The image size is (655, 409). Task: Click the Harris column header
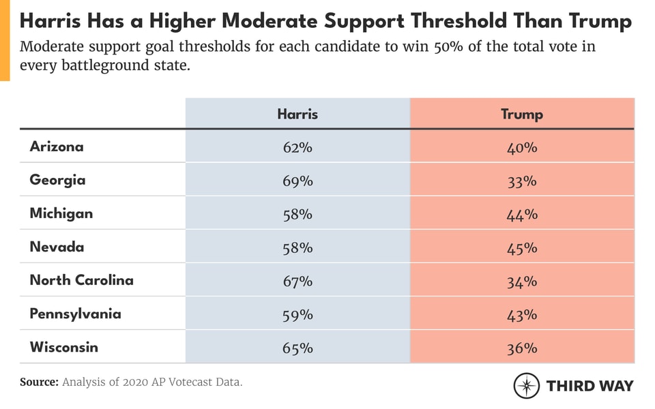(x=297, y=114)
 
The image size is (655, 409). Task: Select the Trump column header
(x=522, y=114)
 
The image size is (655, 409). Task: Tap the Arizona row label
(x=57, y=147)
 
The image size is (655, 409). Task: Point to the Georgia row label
(x=57, y=180)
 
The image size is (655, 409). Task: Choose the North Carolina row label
(x=81, y=280)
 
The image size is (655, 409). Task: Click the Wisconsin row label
(x=63, y=347)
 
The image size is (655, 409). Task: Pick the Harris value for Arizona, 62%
(x=297, y=147)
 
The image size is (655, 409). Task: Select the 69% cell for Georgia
(x=297, y=181)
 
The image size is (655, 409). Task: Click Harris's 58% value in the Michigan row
(x=297, y=214)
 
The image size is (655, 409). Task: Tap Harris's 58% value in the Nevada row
(x=297, y=247)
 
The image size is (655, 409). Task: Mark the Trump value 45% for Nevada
(x=522, y=247)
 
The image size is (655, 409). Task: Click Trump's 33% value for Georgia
(x=522, y=181)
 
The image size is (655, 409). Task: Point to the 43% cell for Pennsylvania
(x=522, y=314)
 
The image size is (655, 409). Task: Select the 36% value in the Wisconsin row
(x=522, y=348)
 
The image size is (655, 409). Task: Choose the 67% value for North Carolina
(x=297, y=281)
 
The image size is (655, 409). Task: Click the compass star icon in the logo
(x=527, y=386)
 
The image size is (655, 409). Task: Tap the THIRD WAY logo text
(x=589, y=386)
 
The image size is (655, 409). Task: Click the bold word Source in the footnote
(x=39, y=382)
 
